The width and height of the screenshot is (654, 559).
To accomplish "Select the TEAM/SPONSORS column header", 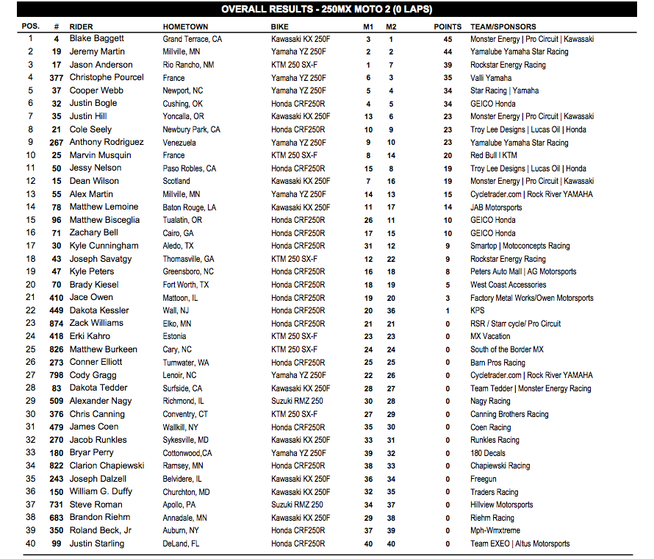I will point(503,26).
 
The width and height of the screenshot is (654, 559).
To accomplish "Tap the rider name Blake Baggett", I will point(97,39).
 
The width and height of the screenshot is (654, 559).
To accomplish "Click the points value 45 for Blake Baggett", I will point(448,39).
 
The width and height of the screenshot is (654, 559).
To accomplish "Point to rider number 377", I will point(57,78).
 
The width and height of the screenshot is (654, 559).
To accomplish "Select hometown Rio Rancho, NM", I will point(189,65).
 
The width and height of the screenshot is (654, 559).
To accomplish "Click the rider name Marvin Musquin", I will point(101,155).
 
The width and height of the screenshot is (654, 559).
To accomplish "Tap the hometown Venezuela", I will point(179,143).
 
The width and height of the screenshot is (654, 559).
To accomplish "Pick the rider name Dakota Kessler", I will point(99,310).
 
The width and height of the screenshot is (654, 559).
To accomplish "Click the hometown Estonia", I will point(174,336).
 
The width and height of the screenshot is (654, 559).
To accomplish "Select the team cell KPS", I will point(478,310).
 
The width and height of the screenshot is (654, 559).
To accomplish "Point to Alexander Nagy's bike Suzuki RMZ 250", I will point(297,401).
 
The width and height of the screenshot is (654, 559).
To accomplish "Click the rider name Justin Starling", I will point(97,544).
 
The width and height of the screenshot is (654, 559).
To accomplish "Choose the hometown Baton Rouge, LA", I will point(190,207).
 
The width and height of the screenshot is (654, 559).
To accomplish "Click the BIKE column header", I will point(280,26).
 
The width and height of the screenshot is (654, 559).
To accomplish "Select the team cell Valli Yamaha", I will point(491,78).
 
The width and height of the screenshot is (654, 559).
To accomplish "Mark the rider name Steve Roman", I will point(96,505).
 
